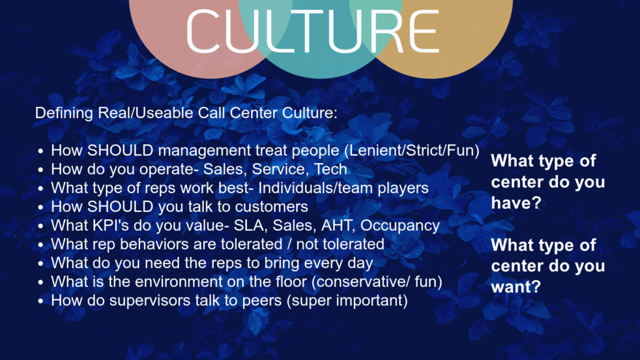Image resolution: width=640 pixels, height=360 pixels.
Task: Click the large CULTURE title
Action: pyautogui.click(x=312, y=31)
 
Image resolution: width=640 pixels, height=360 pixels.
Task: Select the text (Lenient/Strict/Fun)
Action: pyautogui.click(x=412, y=151)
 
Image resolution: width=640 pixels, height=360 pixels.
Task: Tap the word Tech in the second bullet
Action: pyautogui.click(x=331, y=169)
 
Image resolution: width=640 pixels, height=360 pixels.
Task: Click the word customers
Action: pyautogui.click(x=271, y=207)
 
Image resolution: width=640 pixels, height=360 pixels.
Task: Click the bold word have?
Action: pyautogui.click(x=516, y=203)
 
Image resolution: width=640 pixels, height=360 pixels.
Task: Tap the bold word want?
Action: pyautogui.click(x=516, y=286)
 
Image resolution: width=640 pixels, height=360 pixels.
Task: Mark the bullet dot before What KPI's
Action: pyautogui.click(x=41, y=226)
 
